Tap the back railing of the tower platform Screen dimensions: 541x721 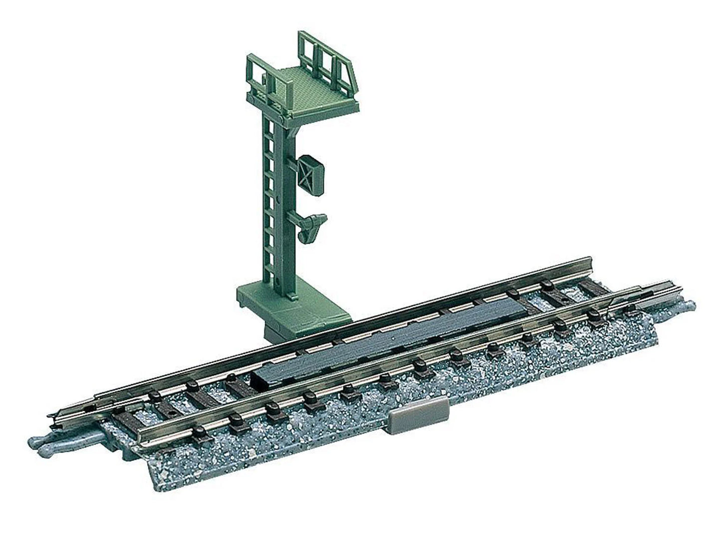pos(324,50)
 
